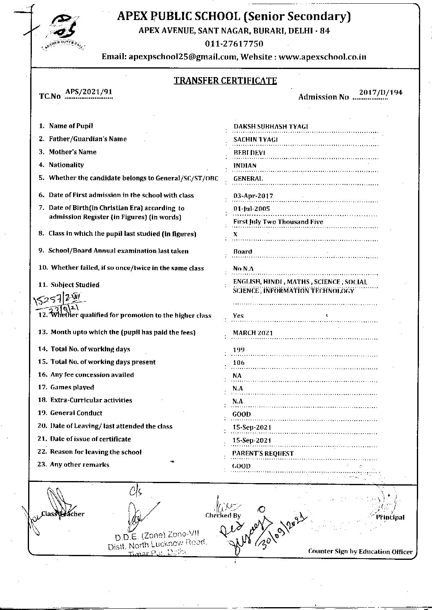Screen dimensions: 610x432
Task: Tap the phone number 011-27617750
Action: click(x=234, y=44)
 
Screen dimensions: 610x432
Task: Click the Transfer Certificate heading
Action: click(x=225, y=80)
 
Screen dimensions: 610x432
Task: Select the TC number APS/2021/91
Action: click(x=89, y=92)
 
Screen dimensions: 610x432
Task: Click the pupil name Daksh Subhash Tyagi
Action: click(x=270, y=126)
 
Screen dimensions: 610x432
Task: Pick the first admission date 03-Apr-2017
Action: click(x=253, y=196)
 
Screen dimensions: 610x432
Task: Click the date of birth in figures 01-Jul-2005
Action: click(x=252, y=209)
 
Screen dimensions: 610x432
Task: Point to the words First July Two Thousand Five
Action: click(x=278, y=222)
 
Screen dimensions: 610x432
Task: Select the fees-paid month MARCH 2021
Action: click(x=253, y=333)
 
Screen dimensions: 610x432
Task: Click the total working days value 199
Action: click(x=238, y=350)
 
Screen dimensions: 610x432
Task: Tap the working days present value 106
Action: click(x=238, y=363)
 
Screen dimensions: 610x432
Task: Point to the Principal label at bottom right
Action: click(x=390, y=517)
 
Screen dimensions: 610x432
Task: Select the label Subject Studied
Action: click(x=75, y=285)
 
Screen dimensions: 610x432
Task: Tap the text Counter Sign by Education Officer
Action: click(x=360, y=552)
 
